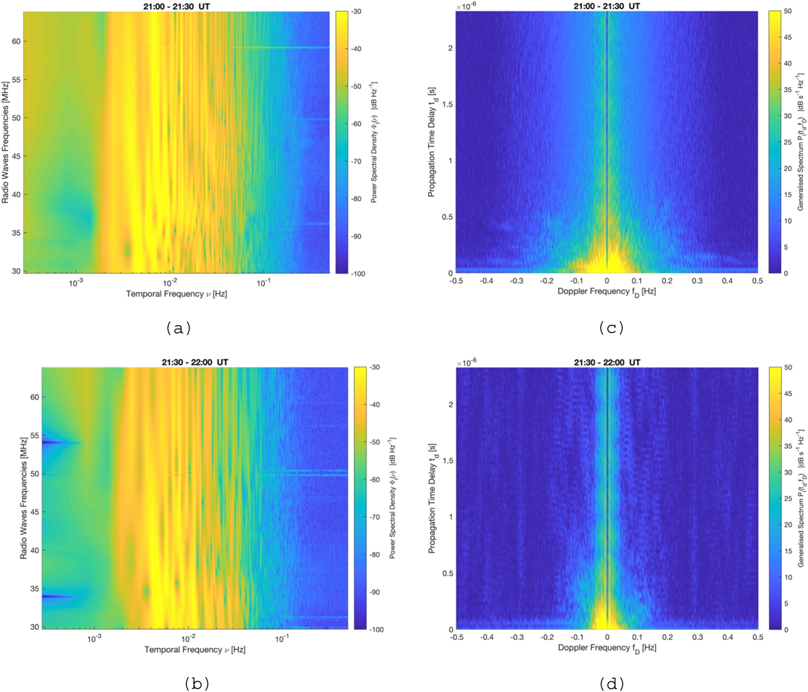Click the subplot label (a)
pos(178,328)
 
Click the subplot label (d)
pos(611,683)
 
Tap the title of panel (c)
pos(607,5)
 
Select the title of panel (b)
pos(195,362)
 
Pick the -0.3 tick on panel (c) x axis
pos(516,281)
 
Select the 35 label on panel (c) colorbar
pos(787,90)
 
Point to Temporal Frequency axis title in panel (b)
pos(195,649)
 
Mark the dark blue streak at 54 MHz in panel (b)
pos(51,442)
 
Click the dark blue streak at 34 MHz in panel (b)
pos(51,596)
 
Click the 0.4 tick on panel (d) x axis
pos(728,637)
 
